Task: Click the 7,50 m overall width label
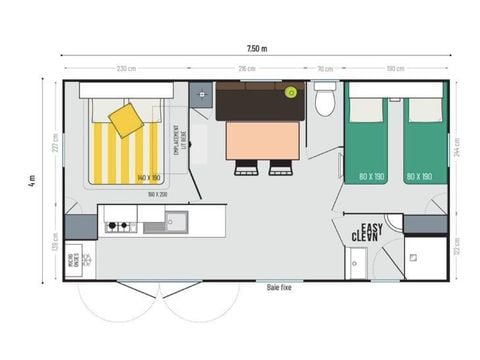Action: point(257,48)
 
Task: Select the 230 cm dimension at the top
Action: point(127,68)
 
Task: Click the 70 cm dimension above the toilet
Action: point(324,68)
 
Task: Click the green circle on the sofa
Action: point(291,92)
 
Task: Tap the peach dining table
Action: point(261,140)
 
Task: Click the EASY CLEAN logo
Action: point(367,232)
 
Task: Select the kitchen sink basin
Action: point(177,219)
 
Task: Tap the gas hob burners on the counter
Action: point(118,226)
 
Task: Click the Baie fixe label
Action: point(280,287)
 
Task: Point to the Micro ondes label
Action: point(75,259)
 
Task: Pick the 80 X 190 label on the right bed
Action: point(420,177)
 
